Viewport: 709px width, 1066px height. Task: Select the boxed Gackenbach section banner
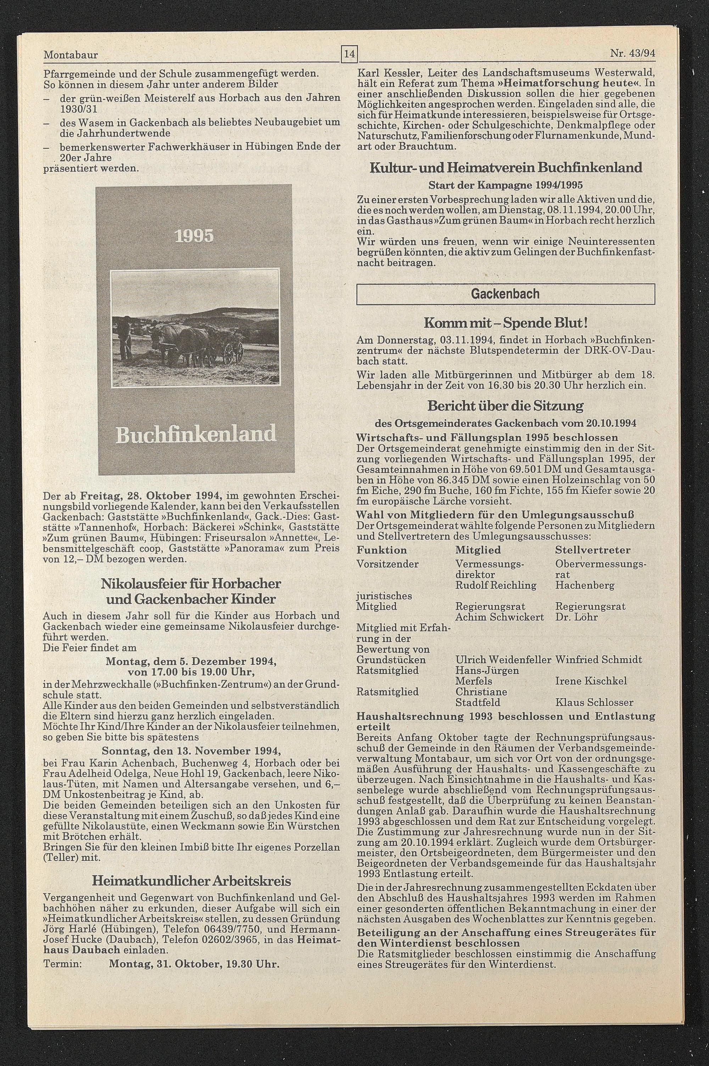tap(505, 294)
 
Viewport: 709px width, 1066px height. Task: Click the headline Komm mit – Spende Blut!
tap(506, 323)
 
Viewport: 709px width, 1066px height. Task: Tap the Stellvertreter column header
tap(592, 550)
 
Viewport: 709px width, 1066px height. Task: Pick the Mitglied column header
tap(478, 550)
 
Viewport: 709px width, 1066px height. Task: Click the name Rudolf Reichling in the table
tap(496, 586)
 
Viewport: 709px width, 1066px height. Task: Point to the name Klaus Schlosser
tap(594, 703)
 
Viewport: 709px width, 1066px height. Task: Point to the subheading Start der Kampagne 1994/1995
tap(506, 185)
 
